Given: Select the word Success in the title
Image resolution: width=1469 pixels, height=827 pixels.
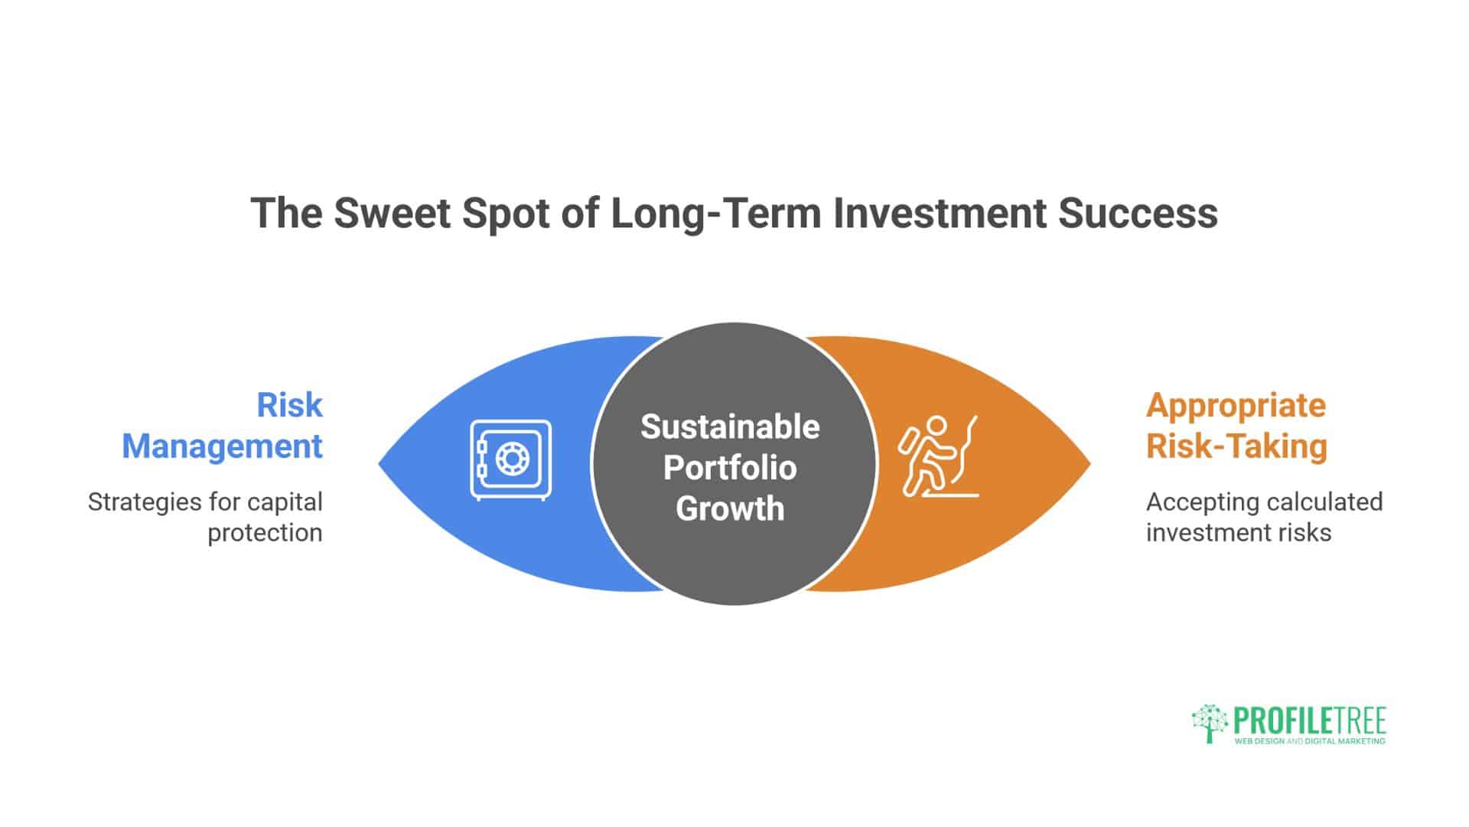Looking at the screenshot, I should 1138,213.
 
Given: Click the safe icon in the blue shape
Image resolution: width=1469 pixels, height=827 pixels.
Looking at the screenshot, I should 510,460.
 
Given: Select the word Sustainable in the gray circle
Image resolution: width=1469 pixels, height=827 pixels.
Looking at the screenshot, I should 730,427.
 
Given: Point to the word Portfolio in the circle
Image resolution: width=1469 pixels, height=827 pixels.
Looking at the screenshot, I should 730,468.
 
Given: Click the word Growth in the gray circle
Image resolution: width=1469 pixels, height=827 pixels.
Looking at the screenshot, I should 730,509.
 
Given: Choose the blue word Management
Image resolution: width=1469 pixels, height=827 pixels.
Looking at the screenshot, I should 222,446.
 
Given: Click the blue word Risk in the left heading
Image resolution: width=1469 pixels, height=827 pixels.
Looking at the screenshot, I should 289,405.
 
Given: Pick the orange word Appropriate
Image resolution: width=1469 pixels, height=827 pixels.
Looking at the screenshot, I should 1236,405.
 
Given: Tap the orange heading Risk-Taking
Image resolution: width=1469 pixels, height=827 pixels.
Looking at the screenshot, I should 1236,446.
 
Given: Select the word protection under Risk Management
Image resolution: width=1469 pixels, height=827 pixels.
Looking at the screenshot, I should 265,533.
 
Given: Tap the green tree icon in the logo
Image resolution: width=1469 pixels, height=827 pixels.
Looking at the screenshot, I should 1209,723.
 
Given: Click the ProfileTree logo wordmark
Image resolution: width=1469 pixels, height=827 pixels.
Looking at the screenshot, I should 1309,721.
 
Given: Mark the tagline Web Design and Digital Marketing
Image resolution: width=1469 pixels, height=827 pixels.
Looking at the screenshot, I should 1309,741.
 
